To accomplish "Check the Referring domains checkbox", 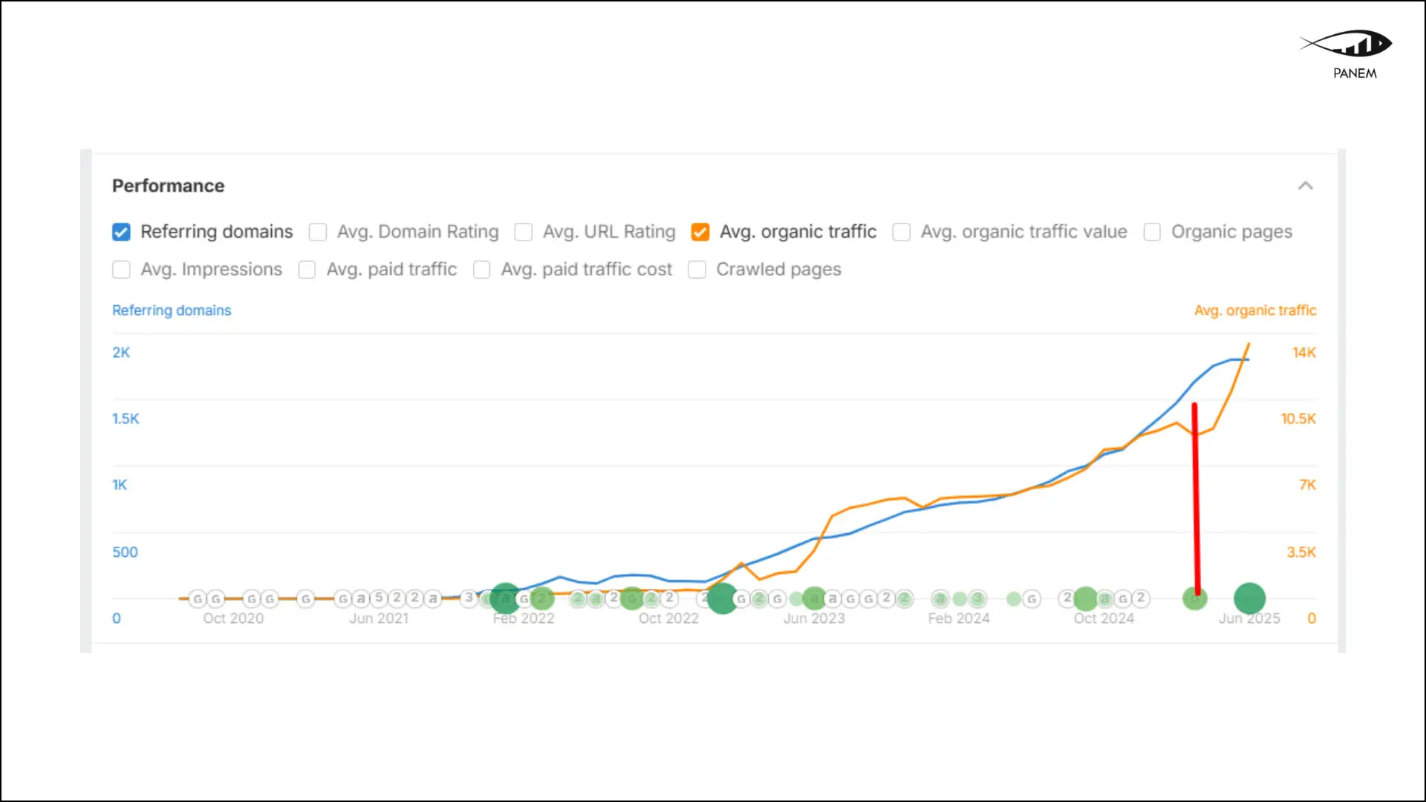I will pos(121,232).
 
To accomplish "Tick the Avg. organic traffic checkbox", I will pos(700,232).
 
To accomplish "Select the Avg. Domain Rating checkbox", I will pos(318,232).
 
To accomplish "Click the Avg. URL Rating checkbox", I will pos(524,232).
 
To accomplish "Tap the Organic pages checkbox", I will pos(1152,232).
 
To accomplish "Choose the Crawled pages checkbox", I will pos(697,270).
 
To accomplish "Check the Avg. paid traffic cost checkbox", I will pos(482,270).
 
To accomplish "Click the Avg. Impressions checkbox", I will pos(121,270).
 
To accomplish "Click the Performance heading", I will pos(168,186).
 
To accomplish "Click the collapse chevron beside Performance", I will pos(1305,186).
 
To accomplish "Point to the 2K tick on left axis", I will pos(121,353).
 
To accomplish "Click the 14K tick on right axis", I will pos(1303,353).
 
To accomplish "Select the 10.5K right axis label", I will pos(1298,419).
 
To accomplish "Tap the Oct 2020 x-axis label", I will pos(233,619).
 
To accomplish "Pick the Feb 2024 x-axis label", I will pos(958,619).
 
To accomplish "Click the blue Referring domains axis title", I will pos(172,310).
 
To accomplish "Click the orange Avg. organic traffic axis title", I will pos(1254,310).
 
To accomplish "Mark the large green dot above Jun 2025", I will pos(1249,598).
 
